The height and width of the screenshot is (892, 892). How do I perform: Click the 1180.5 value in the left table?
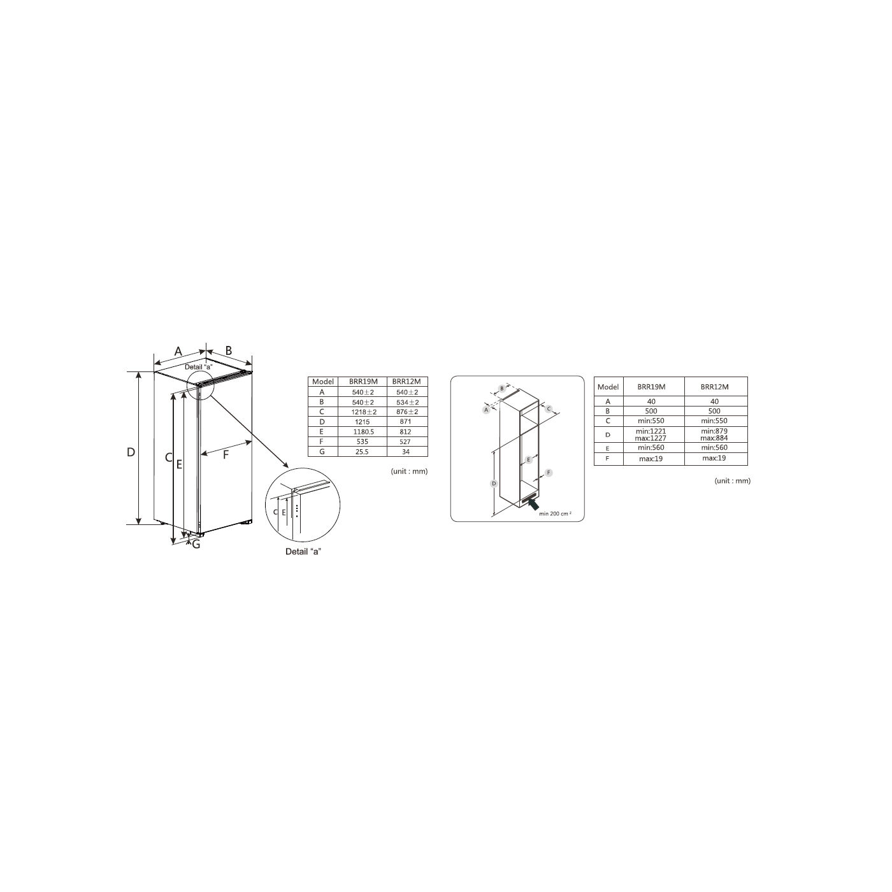point(363,431)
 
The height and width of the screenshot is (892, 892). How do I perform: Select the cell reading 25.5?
point(362,451)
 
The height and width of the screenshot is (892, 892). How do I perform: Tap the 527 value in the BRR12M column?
point(405,442)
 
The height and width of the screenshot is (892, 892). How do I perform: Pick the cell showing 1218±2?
point(363,412)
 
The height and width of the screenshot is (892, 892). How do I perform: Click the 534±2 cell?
point(407,402)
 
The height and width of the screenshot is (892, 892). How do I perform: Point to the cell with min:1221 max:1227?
point(651,435)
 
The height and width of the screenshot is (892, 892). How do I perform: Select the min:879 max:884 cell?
point(714,435)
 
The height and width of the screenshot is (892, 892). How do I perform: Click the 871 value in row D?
point(405,421)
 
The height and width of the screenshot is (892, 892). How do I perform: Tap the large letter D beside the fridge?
point(131,452)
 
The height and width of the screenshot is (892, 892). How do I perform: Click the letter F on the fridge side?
point(226,455)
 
